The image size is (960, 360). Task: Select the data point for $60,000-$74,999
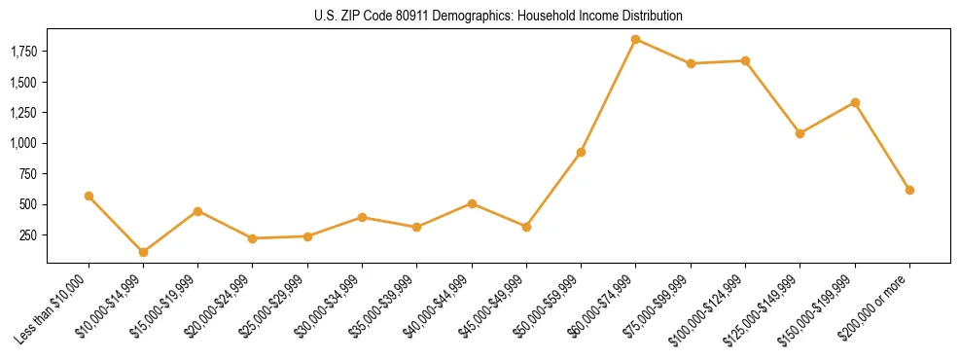click(636, 40)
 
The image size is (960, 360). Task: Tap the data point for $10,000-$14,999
click(143, 252)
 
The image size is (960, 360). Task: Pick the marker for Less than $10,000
click(89, 196)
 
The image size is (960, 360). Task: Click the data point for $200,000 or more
click(909, 190)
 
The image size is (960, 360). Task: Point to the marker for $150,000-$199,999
click(855, 102)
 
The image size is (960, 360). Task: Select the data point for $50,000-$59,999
click(581, 152)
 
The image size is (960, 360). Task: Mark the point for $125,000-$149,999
click(800, 133)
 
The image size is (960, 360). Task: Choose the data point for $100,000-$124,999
click(745, 60)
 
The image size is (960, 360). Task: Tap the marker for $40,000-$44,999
click(472, 203)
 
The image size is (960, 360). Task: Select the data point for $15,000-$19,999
click(197, 211)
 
